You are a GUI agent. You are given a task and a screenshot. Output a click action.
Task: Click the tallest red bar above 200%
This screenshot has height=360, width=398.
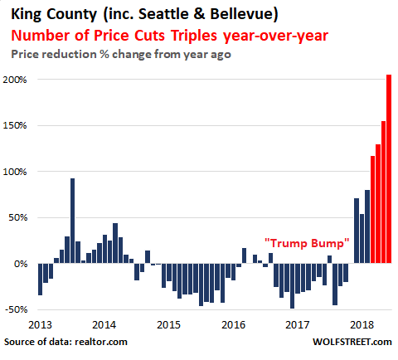pyautogui.click(x=389, y=168)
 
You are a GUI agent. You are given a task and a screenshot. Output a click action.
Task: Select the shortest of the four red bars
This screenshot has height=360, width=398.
pyautogui.click(x=372, y=209)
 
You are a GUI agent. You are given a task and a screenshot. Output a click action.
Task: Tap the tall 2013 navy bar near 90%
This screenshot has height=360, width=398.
pyautogui.click(x=72, y=221)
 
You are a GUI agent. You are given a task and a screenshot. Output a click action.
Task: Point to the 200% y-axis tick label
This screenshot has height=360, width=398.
pyautogui.click(x=15, y=80)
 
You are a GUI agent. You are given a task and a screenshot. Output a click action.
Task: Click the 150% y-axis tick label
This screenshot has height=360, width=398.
pyautogui.click(x=15, y=126)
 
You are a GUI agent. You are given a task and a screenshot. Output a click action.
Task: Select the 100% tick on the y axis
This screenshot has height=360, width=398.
pyautogui.click(x=15, y=172)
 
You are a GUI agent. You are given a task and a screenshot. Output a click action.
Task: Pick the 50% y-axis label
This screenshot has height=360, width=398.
pyautogui.click(x=17, y=218)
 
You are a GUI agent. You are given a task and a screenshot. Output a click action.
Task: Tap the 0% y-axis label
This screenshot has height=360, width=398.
pyautogui.click(x=21, y=264)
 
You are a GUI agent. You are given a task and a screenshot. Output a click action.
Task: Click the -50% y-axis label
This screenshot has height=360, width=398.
pyautogui.click(x=16, y=309)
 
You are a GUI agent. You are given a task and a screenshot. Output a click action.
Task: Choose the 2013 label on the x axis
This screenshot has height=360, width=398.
pyautogui.click(x=40, y=325)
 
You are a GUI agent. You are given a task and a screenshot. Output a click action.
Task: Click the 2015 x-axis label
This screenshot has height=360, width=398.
pyautogui.click(x=168, y=325)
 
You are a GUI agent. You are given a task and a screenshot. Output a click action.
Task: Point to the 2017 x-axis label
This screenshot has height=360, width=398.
pyautogui.click(x=298, y=325)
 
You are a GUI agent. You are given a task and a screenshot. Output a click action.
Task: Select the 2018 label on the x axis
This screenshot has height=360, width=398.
pyautogui.click(x=362, y=325)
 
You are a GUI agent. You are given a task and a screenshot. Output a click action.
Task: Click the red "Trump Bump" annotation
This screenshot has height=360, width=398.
pyautogui.click(x=307, y=243)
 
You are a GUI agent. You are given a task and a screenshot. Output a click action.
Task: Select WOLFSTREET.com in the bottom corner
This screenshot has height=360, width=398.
pyautogui.click(x=352, y=342)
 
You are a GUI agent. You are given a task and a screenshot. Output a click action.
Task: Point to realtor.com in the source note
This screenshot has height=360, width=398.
pyautogui.click(x=101, y=342)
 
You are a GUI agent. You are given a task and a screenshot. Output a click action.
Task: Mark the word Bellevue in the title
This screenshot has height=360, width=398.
pyautogui.click(x=241, y=14)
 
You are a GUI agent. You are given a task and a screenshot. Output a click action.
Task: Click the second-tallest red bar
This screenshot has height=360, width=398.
pyautogui.click(x=383, y=192)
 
